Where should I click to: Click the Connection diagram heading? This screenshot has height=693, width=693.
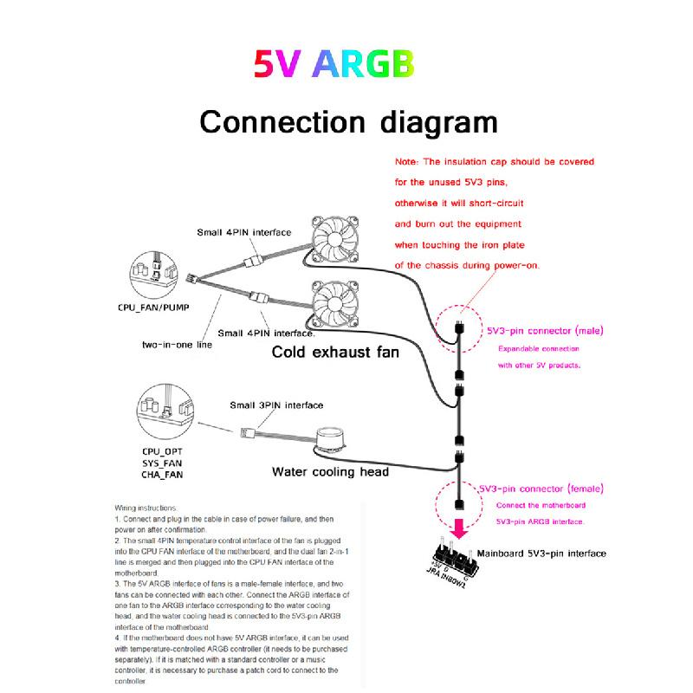(x=348, y=121)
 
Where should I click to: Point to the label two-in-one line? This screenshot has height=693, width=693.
(x=177, y=345)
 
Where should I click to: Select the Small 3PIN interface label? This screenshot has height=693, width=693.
(x=276, y=405)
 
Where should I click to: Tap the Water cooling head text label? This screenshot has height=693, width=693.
(x=330, y=472)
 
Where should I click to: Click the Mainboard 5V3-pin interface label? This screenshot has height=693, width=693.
(x=541, y=553)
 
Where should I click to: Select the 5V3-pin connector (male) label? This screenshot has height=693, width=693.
(x=545, y=331)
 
